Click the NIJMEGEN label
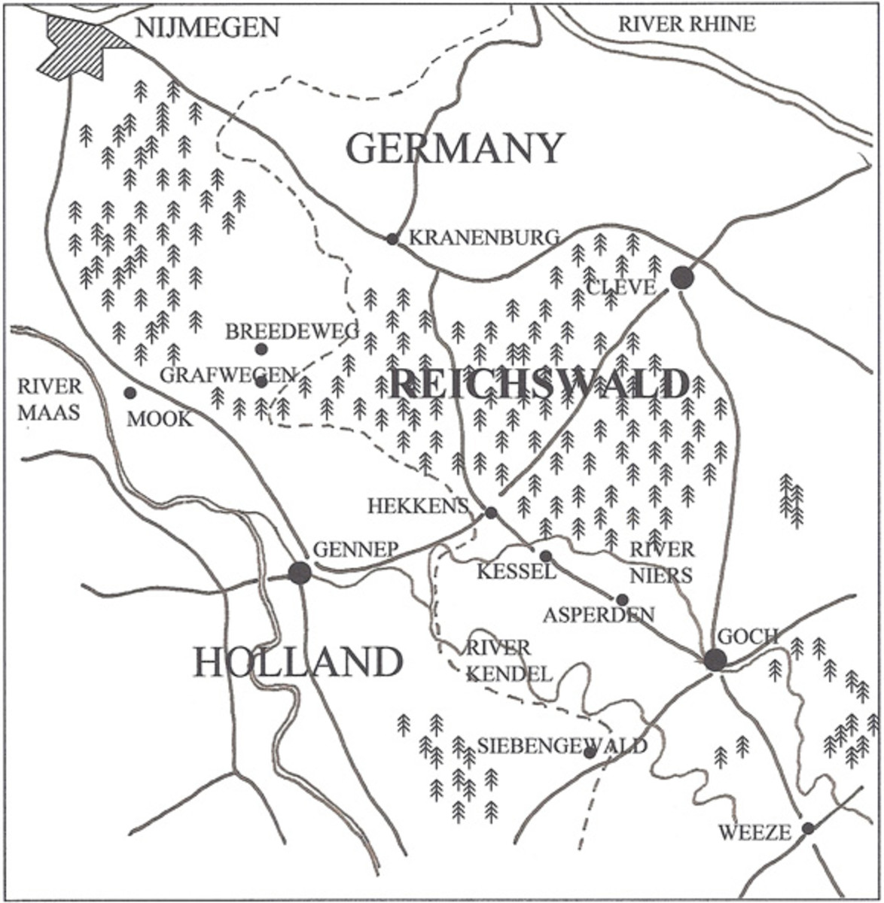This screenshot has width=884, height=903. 207,28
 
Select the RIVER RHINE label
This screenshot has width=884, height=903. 686,24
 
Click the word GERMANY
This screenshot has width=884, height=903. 455,147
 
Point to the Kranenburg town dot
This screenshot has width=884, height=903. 392,239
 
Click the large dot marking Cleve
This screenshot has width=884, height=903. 682,278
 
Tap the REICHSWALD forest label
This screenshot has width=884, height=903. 539,385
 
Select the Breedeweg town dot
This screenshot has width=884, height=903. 261,349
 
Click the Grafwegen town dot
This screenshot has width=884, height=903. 261,382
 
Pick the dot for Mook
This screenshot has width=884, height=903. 130,393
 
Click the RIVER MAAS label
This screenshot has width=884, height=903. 50,400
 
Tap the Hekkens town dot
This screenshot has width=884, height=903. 491,513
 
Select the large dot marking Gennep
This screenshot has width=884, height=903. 300,573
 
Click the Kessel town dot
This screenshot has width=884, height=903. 546,556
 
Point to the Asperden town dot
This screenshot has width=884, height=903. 622,600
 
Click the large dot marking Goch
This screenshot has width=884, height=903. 715,660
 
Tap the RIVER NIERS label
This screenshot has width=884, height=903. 661,561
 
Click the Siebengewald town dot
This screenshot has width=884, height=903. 590,752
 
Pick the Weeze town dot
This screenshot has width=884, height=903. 808,829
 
